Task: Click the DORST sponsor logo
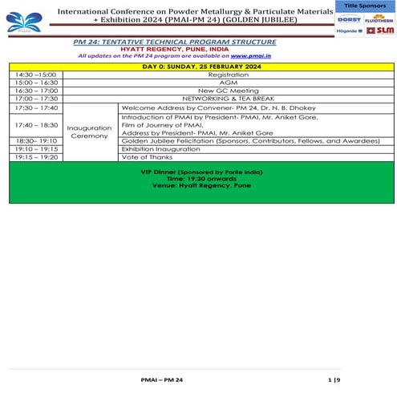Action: (x=349, y=18)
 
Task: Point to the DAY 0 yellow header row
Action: (x=198, y=66)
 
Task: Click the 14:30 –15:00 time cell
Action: (x=35, y=74)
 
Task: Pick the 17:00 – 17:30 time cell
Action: (x=35, y=99)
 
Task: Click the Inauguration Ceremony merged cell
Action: (x=89, y=132)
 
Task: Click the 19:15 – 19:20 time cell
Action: (x=35, y=157)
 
